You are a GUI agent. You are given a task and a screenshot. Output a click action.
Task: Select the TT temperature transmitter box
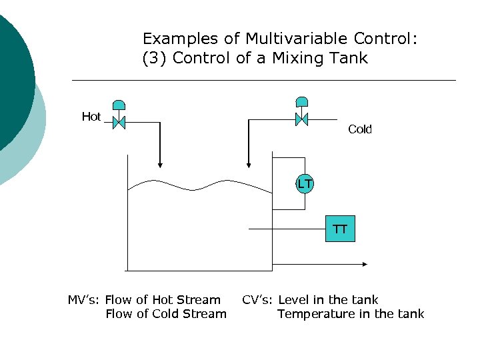340,229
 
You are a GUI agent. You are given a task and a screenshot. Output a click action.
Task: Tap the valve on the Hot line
119,122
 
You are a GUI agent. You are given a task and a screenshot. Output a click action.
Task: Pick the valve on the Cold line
301,119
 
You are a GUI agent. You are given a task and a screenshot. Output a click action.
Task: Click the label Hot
91,117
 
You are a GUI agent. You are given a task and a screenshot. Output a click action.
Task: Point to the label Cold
360,129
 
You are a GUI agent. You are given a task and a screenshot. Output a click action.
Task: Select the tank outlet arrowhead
364,264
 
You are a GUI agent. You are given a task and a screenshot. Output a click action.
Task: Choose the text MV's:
84,300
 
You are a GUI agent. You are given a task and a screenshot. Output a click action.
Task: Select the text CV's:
258,300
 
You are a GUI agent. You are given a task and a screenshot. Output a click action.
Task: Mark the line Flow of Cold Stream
166,314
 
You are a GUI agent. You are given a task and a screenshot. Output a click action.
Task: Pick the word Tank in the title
349,58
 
